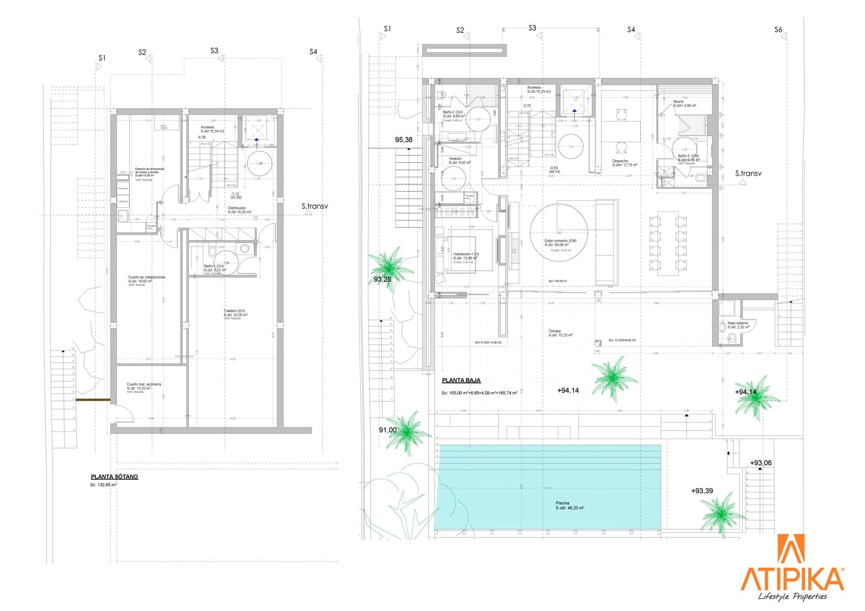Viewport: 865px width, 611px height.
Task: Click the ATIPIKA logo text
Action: (x=793, y=579)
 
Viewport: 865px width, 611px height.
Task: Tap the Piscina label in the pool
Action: (x=562, y=503)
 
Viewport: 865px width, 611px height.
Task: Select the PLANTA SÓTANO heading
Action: (x=115, y=477)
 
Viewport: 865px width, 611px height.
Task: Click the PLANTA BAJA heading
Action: (x=461, y=381)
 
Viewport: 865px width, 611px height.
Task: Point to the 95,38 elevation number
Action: (x=403, y=140)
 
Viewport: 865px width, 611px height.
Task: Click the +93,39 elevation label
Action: (x=702, y=491)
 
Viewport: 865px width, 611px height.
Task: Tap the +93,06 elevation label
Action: (x=761, y=463)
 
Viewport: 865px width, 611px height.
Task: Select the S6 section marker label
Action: (x=778, y=30)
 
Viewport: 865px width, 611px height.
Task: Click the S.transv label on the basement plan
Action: (x=315, y=206)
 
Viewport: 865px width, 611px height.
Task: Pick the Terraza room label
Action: (x=555, y=331)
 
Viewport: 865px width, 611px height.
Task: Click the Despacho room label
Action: (x=620, y=161)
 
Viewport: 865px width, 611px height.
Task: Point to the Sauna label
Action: (x=678, y=102)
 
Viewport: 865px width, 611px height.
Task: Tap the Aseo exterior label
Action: (x=738, y=323)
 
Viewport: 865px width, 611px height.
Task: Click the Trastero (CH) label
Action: (x=234, y=311)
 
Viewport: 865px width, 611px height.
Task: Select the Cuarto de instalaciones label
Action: (x=147, y=277)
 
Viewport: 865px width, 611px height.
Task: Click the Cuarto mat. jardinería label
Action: (x=144, y=384)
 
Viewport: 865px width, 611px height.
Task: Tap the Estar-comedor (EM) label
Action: (x=560, y=241)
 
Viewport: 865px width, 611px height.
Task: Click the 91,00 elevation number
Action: (x=387, y=430)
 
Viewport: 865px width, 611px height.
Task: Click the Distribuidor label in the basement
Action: (x=237, y=208)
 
